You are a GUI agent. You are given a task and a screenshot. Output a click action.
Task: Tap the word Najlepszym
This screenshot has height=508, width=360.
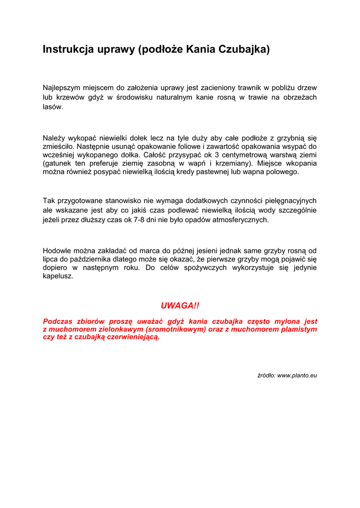[x=63, y=88]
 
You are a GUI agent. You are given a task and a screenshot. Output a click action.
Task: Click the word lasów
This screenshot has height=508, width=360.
[x=53, y=107]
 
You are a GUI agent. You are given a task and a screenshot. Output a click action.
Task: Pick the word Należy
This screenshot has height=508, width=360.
[x=54, y=138]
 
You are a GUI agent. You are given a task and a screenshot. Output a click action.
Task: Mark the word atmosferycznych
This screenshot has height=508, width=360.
[x=240, y=219]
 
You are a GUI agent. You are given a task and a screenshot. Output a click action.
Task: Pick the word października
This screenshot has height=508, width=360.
[x=91, y=259]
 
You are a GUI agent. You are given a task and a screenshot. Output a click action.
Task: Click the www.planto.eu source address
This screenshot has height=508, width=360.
[x=296, y=376]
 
